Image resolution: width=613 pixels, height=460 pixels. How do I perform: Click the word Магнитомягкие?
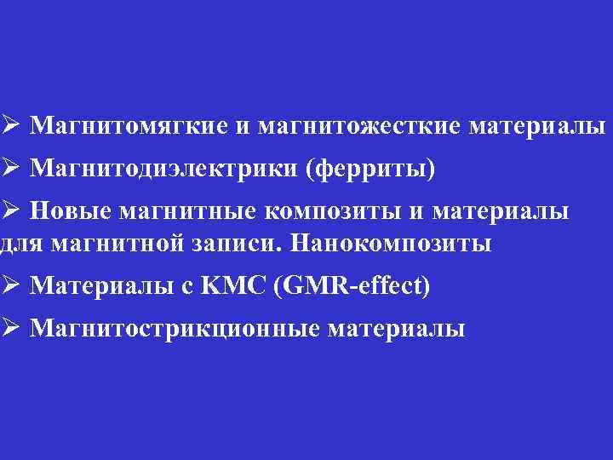click(129, 127)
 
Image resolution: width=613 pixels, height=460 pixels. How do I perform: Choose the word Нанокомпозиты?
click(391, 243)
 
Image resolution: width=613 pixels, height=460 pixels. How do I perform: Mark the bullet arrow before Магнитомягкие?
click(9, 126)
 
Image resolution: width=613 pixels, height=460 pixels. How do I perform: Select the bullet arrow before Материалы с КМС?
click(9, 285)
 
